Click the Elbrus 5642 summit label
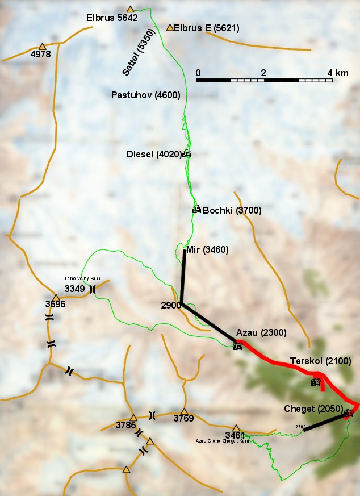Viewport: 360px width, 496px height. click(112, 18)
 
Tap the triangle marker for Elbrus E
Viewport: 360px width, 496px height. click(170, 27)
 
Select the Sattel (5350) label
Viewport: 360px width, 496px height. click(135, 59)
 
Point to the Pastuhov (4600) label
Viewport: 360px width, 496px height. click(145, 95)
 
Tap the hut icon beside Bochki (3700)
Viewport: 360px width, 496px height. click(196, 209)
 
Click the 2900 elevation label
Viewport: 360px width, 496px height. click(171, 305)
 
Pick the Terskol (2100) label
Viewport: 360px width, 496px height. click(320, 361)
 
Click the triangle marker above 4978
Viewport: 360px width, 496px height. click(42, 46)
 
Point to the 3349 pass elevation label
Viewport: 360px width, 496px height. click(74, 289)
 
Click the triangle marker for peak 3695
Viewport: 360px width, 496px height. click(56, 298)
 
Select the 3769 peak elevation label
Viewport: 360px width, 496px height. click(183, 419)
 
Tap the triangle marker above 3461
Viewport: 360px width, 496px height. click(236, 428)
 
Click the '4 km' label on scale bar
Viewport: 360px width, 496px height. click(338, 73)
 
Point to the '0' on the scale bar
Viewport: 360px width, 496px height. click(198, 73)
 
